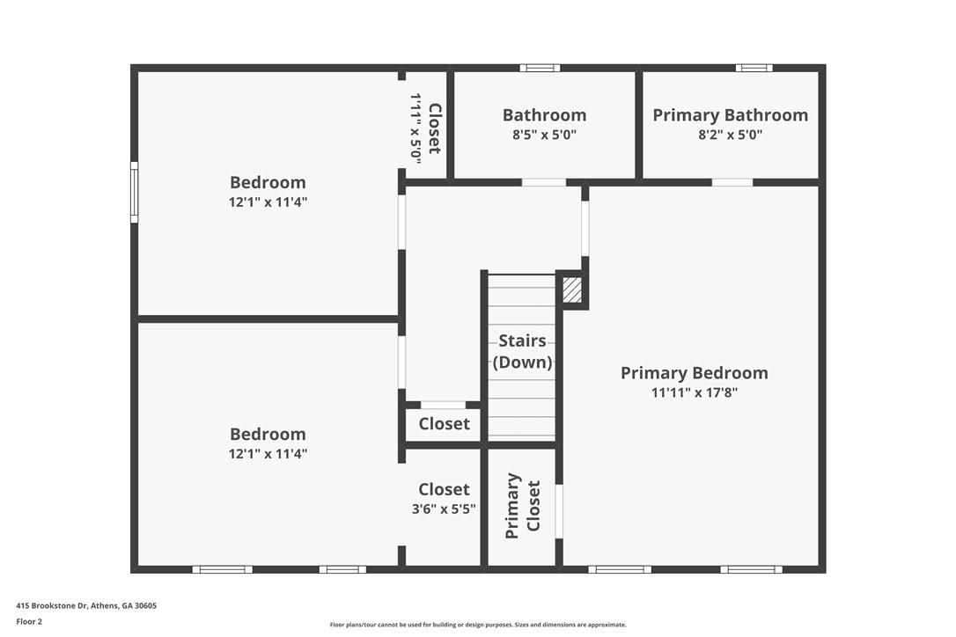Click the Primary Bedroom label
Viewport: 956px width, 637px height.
pos(695,373)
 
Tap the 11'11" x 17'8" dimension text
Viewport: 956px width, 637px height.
pos(695,392)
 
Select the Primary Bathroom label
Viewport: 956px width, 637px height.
pos(731,115)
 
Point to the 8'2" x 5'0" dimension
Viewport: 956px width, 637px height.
pos(731,135)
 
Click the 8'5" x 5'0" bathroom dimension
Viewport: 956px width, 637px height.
pos(544,135)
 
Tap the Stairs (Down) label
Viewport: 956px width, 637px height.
pos(523,351)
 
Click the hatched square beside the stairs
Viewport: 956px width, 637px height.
pos(572,289)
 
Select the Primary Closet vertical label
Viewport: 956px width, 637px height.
pos(523,506)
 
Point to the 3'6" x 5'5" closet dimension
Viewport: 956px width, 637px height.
pos(444,509)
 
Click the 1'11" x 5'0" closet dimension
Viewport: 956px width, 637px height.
pos(415,128)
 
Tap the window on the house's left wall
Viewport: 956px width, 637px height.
pos(134,192)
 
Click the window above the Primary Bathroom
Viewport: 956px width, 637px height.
pos(754,68)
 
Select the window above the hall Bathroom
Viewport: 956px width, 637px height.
pos(540,68)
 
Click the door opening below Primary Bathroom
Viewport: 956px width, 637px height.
pos(732,182)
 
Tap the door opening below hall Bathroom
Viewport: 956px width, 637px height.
pos(544,182)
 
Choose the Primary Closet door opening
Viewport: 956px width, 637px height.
pos(558,511)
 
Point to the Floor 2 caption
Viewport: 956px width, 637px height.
pos(29,622)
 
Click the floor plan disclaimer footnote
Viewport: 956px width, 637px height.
pos(478,625)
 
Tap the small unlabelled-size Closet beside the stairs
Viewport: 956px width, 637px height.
pos(444,424)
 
